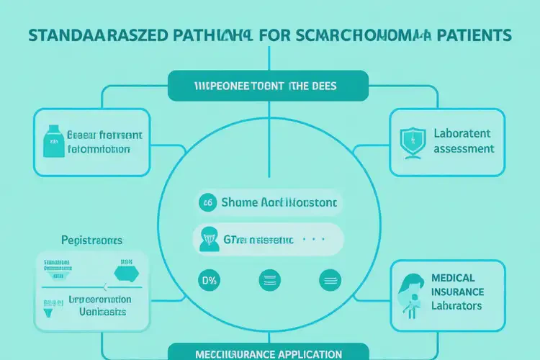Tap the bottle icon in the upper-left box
coord(52,140)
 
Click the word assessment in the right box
coord(464,148)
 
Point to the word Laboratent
coord(462,133)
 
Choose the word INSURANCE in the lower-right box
coord(459,292)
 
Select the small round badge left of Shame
coord(207,203)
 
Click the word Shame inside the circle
coord(241,203)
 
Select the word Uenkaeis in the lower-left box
coord(102,312)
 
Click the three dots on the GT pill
coord(315,238)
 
